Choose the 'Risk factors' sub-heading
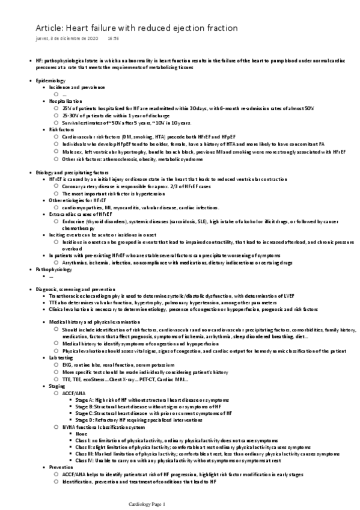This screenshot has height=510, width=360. [62, 129]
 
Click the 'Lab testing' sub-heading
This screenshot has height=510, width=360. [61, 357]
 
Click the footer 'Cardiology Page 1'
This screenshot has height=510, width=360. [147, 503]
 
